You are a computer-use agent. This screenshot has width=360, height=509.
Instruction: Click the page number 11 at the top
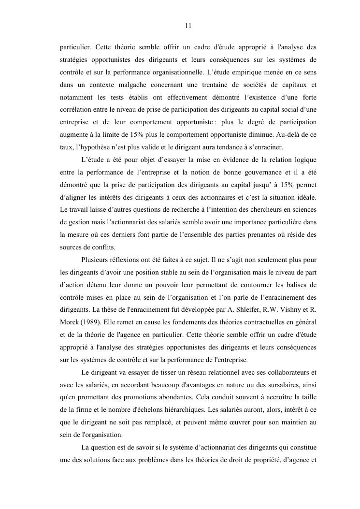[x=188, y=26]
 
